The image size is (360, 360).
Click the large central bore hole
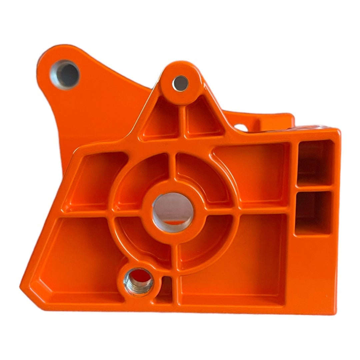[173, 212]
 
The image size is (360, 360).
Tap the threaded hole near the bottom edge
[139, 281]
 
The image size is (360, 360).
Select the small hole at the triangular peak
[180, 83]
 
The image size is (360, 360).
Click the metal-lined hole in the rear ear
[65, 74]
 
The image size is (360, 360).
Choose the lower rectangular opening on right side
[313, 213]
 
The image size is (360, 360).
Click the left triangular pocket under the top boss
[162, 122]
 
